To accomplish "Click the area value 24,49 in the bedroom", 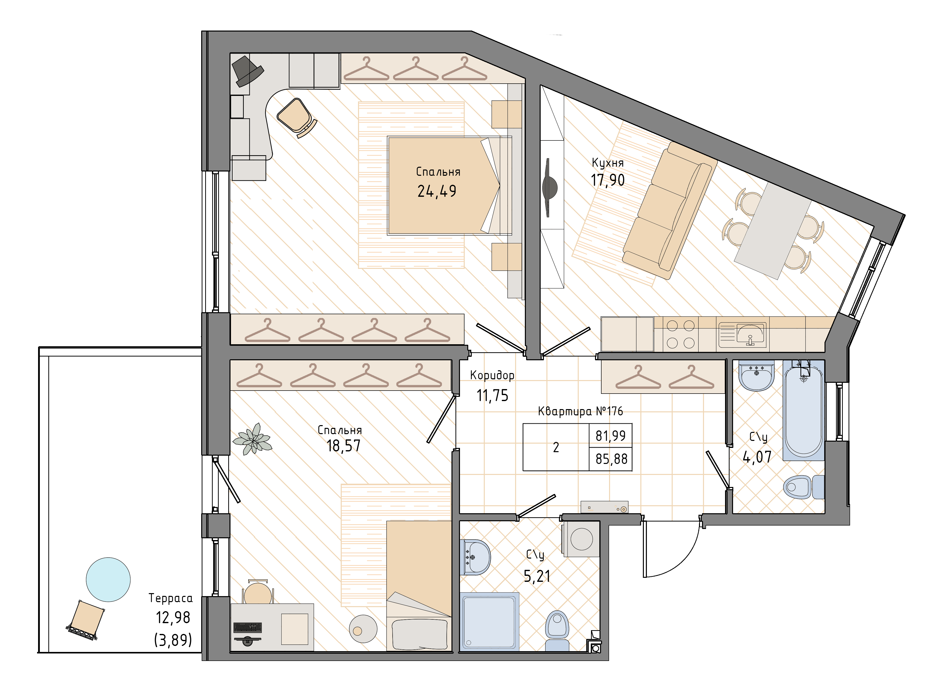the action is pos(437,191).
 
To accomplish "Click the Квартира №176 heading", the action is pos(580,411).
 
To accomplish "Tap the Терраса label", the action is pos(171,598).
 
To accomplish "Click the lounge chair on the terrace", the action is pos(86,620).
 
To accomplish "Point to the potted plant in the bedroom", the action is pos(252,439).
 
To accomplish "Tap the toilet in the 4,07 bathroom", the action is pos(803,487).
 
